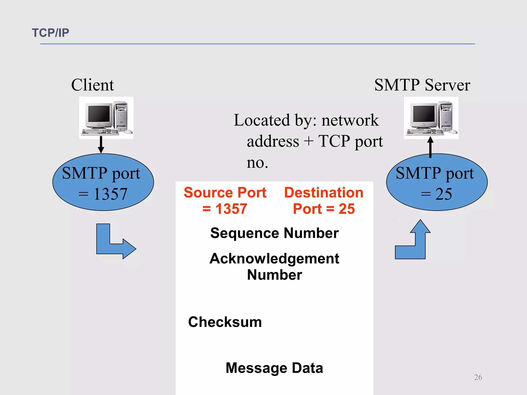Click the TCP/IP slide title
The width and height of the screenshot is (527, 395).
pyautogui.click(x=50, y=33)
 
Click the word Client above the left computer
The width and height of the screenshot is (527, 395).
pyautogui.click(x=92, y=85)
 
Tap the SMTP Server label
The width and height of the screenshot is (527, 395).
pyautogui.click(x=422, y=85)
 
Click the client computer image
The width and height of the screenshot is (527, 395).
pyautogui.click(x=106, y=118)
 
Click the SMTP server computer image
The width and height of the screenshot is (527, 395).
pyautogui.click(x=431, y=118)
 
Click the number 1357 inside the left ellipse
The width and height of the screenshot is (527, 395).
pyautogui.click(x=110, y=194)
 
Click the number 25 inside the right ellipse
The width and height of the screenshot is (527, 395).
pyautogui.click(x=443, y=194)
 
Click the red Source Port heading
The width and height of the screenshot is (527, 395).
pyautogui.click(x=225, y=193)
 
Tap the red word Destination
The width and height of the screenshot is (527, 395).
pyautogui.click(x=323, y=193)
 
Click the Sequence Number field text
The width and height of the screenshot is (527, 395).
pyautogui.click(x=274, y=233)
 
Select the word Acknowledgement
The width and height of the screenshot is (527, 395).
pyautogui.click(x=274, y=258)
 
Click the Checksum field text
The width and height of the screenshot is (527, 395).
pyautogui.click(x=225, y=322)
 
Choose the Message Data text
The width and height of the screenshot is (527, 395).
pyautogui.click(x=274, y=368)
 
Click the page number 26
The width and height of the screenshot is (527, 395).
pyautogui.click(x=478, y=377)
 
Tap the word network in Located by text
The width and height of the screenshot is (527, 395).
pyautogui.click(x=350, y=120)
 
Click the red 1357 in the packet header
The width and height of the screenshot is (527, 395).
pyautogui.click(x=231, y=209)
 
